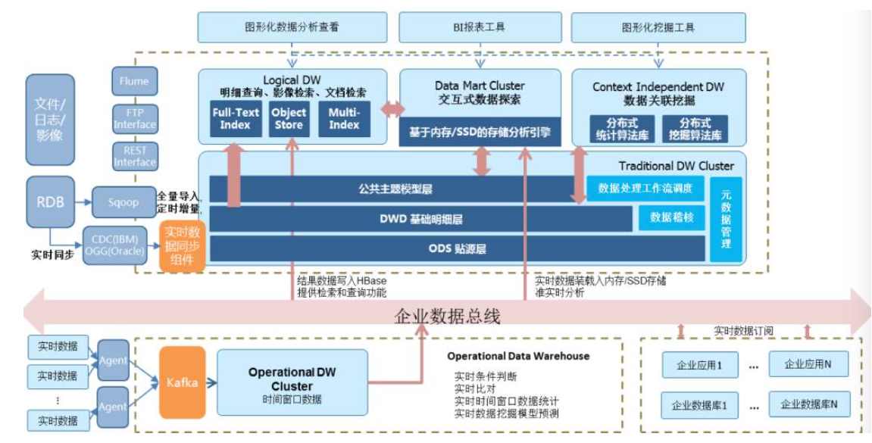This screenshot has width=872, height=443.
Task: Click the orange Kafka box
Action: pyautogui.click(x=183, y=382)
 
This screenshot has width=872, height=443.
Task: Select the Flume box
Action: pyautogui.click(x=134, y=81)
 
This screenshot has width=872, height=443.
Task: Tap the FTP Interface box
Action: pyautogui.click(x=134, y=118)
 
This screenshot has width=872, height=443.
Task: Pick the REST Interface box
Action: pyautogui.click(x=134, y=156)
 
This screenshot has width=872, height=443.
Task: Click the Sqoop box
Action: pyautogui.click(x=123, y=202)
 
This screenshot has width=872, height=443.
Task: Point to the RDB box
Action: pyautogui.click(x=50, y=202)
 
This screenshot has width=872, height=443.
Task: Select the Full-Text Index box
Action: pyautogui.click(x=235, y=118)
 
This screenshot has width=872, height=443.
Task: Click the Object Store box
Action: pyautogui.click(x=289, y=118)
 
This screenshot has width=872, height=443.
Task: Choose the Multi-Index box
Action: pyautogui.click(x=344, y=118)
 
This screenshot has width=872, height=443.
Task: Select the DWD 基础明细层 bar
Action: pyautogui.click(x=420, y=219)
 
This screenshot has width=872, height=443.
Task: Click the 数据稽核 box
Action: pyautogui.click(x=672, y=218)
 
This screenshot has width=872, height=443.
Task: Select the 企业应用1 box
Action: pyautogui.click(x=699, y=365)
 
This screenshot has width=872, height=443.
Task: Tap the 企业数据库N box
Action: pyautogui.click(x=809, y=404)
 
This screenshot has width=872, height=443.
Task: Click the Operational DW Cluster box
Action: pyautogui.click(x=292, y=382)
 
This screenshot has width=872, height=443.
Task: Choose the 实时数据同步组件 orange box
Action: pyautogui.click(x=183, y=245)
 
